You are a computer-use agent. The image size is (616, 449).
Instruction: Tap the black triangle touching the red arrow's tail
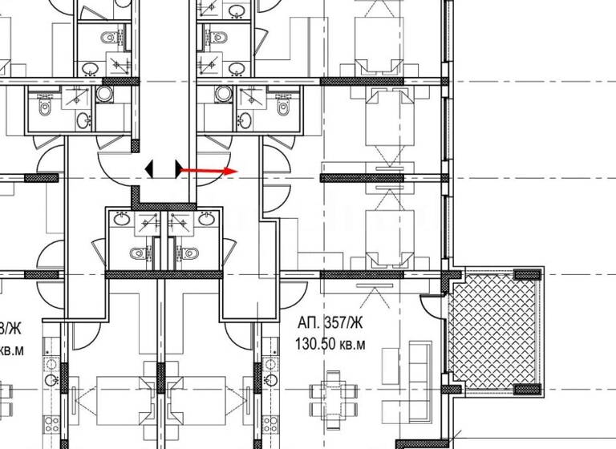click(x=177, y=169)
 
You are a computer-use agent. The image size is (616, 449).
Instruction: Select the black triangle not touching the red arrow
click(x=149, y=169)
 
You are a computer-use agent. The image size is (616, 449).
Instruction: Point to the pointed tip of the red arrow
click(x=237, y=171)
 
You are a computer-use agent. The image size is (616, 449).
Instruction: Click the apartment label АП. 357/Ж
click(x=329, y=325)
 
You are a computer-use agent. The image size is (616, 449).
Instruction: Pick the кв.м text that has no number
click(x=10, y=350)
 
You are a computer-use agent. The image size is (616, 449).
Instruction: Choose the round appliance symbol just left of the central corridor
click(x=104, y=94)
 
